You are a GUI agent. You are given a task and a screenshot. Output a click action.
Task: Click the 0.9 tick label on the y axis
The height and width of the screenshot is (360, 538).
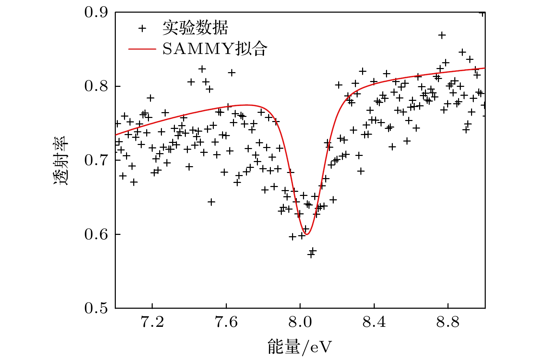point(96,12)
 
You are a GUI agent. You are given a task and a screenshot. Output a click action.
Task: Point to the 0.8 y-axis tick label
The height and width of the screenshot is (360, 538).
point(96,86)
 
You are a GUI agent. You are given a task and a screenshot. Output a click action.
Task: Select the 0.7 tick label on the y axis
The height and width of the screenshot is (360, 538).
point(96,160)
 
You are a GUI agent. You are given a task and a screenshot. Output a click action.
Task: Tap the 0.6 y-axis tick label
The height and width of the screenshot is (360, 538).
point(96,234)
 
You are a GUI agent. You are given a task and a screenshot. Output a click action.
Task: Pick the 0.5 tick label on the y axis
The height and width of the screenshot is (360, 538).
point(96,308)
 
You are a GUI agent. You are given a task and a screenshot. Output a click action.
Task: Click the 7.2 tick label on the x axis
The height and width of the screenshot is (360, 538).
point(152,322)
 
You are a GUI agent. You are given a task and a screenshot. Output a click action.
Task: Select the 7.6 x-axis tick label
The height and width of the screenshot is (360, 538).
point(226,322)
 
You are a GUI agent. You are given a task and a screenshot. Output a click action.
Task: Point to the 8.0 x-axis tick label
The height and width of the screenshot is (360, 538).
point(300,322)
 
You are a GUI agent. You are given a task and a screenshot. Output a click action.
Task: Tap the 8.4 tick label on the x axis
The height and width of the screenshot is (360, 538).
point(374,322)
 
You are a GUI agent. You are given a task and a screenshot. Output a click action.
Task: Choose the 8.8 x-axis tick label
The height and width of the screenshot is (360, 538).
point(448,322)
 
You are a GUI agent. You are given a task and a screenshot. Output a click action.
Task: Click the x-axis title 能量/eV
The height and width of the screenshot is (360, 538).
point(300,347)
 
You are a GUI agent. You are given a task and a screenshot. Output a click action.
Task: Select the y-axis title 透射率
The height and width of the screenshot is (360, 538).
point(61,161)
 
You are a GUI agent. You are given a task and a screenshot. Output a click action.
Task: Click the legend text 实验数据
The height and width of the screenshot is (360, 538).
point(195,28)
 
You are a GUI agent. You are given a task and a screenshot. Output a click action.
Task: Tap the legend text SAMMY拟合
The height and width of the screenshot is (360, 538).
point(215,49)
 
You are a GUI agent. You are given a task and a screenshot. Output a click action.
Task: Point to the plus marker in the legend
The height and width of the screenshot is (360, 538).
point(142,28)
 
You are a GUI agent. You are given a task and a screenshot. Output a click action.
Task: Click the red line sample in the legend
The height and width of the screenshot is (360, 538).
point(142,49)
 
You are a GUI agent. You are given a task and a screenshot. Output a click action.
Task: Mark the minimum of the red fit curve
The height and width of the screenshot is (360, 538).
point(307,234)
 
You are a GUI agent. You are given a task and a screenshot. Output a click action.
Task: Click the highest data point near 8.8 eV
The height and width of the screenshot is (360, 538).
point(442,35)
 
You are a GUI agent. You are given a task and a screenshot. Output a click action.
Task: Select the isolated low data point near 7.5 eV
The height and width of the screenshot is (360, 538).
point(211,202)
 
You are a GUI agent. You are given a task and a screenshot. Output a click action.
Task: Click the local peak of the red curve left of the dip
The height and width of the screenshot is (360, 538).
point(246,105)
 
